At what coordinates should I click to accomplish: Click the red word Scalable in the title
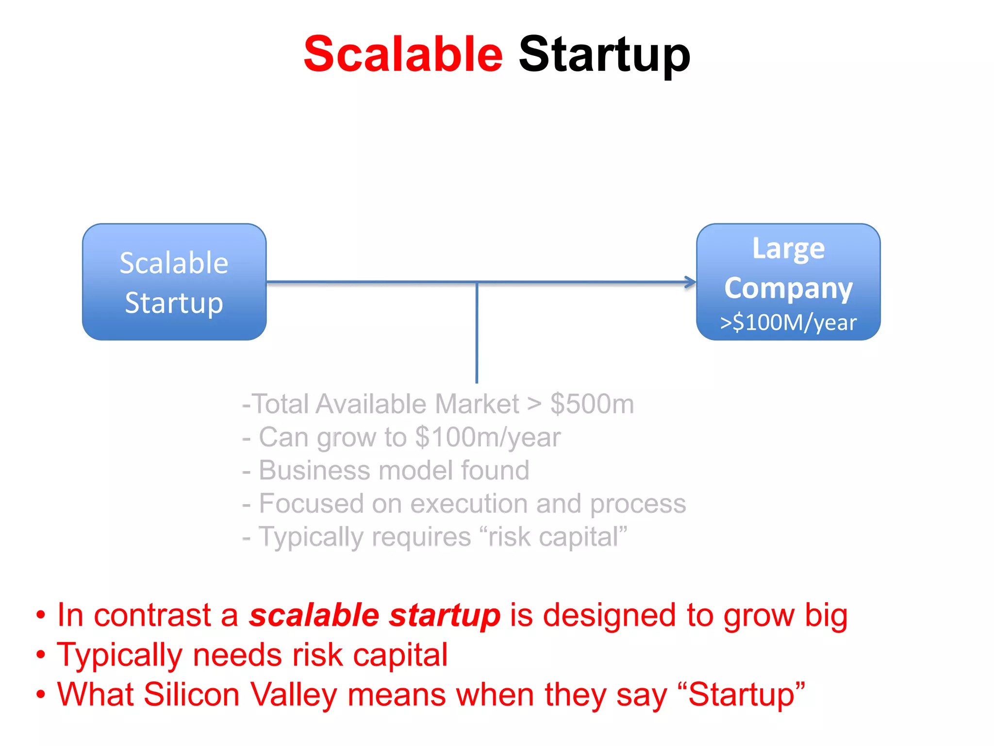pyautogui.click(x=403, y=54)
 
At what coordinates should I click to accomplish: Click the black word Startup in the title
pyautogui.click(x=604, y=55)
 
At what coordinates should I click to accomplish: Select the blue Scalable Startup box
pyautogui.click(x=174, y=282)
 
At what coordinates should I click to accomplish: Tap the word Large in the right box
pyautogui.click(x=788, y=249)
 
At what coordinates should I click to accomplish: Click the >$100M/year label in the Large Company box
pyautogui.click(x=788, y=322)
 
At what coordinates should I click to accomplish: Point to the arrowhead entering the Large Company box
pyautogui.click(x=691, y=282)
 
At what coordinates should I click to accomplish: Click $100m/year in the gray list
pyautogui.click(x=488, y=437)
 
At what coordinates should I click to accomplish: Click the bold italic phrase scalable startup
pyautogui.click(x=374, y=615)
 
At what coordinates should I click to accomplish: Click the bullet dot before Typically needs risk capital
pyautogui.click(x=41, y=655)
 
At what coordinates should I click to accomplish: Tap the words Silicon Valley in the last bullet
pyautogui.click(x=240, y=695)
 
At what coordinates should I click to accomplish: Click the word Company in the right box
pyautogui.click(x=788, y=288)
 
